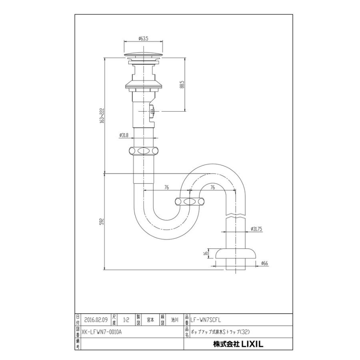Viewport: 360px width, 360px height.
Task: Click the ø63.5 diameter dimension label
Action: (144, 38)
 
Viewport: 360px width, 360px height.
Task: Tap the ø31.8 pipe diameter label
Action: (124, 135)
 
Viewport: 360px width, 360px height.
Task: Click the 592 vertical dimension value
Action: (102, 221)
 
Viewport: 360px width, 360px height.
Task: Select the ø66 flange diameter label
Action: (264, 263)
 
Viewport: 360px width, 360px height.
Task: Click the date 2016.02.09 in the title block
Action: (96, 320)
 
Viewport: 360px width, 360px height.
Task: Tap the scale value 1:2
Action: (126, 320)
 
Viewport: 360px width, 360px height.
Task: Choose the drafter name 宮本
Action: (150, 320)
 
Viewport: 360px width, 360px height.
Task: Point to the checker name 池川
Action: (174, 320)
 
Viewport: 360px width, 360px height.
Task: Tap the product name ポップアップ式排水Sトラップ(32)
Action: (220, 331)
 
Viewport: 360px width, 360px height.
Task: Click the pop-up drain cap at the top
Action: (144, 55)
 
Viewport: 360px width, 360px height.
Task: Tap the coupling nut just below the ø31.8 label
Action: (144, 151)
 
